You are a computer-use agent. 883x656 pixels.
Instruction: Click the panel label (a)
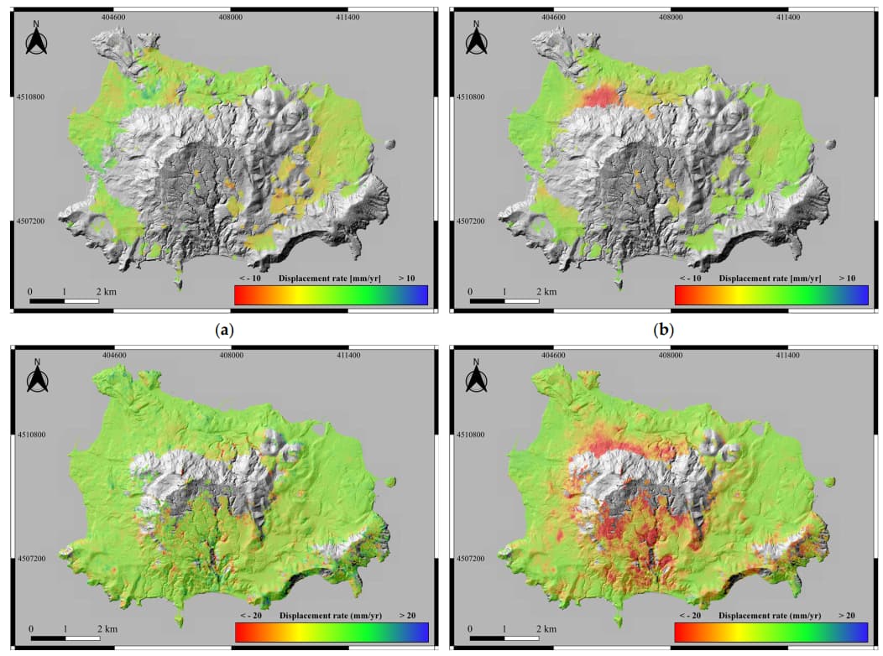[x=224, y=330]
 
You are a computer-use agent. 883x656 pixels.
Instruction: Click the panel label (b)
[x=664, y=330]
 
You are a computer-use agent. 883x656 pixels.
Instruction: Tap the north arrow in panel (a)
[x=36, y=40]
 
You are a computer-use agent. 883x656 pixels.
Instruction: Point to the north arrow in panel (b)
[x=476, y=40]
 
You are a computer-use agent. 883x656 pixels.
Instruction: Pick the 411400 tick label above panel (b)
[x=787, y=15]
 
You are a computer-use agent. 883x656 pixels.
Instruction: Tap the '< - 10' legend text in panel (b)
[x=691, y=278]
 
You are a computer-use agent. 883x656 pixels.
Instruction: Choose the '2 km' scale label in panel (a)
[x=107, y=291]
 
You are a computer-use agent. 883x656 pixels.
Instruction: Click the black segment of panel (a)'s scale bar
[x=47, y=299]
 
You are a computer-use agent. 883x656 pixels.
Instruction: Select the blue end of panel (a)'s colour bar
[x=420, y=294]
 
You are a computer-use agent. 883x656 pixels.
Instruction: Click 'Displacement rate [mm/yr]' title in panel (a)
[x=330, y=278]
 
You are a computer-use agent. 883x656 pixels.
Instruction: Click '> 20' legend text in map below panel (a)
[x=407, y=615]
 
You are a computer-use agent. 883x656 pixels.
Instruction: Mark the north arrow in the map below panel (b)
[x=476, y=377]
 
